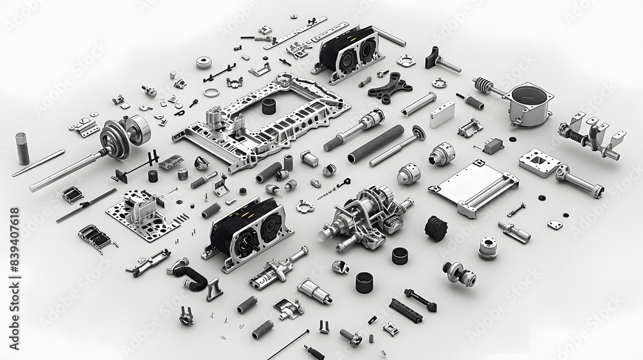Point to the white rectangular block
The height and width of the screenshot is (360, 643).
coord(442,114)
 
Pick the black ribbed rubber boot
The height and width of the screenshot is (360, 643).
coord(436,228)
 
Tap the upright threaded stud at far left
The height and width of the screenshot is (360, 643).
coord(23,147)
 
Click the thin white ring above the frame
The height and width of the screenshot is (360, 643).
coord(210,93)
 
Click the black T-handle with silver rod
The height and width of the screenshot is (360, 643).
coord(442,59)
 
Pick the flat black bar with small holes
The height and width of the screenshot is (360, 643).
coord(406,310)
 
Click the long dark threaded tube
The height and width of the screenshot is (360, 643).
coord(376,144)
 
